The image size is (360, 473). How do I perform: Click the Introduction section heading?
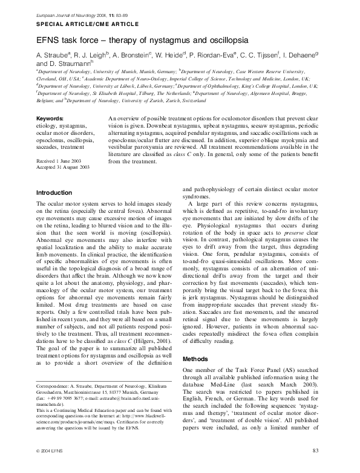tap(54, 193)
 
